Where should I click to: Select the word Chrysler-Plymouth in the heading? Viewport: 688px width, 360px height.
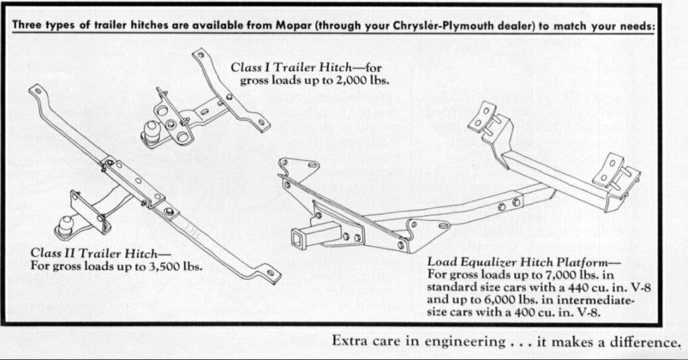point(417,26)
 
